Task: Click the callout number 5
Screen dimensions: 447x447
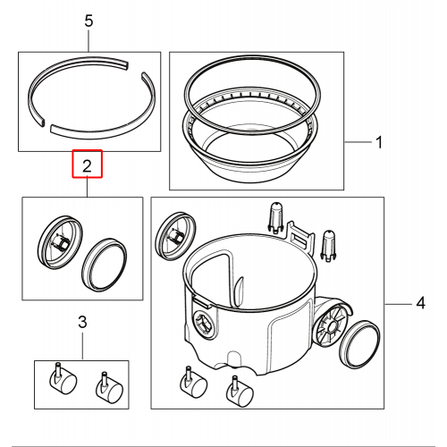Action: coord(89,21)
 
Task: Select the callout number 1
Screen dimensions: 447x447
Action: coord(379,142)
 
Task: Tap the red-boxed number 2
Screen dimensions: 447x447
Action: coord(87,166)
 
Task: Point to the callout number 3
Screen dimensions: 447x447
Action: coord(82,322)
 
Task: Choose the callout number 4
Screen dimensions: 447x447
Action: coord(420,303)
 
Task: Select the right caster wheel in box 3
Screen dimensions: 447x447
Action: coord(109,387)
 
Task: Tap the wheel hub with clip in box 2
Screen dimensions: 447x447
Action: coord(61,242)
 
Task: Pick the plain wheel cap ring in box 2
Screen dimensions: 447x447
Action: coord(104,265)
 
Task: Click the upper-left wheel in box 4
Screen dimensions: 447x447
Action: coord(176,236)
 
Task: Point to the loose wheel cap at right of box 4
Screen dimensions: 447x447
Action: coord(360,343)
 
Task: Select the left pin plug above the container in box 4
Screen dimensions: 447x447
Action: coord(276,217)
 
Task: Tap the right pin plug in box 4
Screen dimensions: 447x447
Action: coord(328,245)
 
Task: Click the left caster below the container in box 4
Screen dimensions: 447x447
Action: coord(193,383)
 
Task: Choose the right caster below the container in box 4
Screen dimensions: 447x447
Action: coord(240,392)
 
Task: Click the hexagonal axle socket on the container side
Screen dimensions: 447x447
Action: coord(204,325)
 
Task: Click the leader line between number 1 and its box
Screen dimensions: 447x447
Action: coord(358,142)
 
